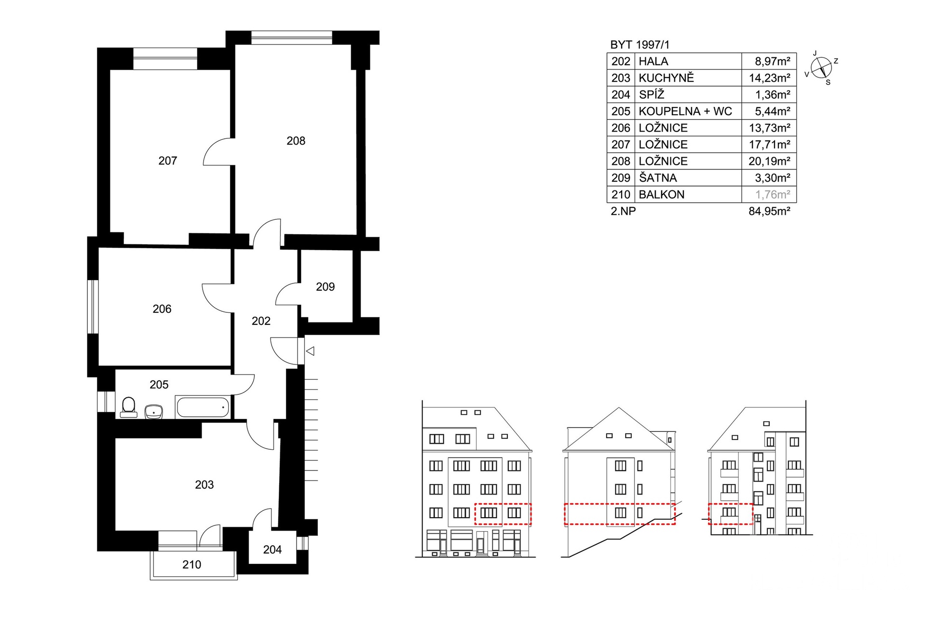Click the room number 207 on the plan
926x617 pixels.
168,161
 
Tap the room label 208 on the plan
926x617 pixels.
296,141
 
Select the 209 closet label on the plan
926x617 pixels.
325,287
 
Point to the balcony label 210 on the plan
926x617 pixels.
191,564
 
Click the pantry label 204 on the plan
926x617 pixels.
272,550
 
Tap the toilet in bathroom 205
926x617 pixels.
128,407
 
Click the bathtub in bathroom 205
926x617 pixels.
203,407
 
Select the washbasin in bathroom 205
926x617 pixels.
154,412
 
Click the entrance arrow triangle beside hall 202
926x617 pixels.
310,351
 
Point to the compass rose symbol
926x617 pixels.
821,68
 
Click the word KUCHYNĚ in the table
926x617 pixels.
666,78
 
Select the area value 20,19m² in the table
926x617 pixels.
769,161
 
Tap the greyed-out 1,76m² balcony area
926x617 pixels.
773,194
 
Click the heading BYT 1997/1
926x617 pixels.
640,45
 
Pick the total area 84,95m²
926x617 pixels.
769,211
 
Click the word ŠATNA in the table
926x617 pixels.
658,177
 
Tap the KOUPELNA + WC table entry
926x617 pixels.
685,111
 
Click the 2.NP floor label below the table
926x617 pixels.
623,211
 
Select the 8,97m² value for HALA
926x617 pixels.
773,61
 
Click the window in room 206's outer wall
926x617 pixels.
93,307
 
